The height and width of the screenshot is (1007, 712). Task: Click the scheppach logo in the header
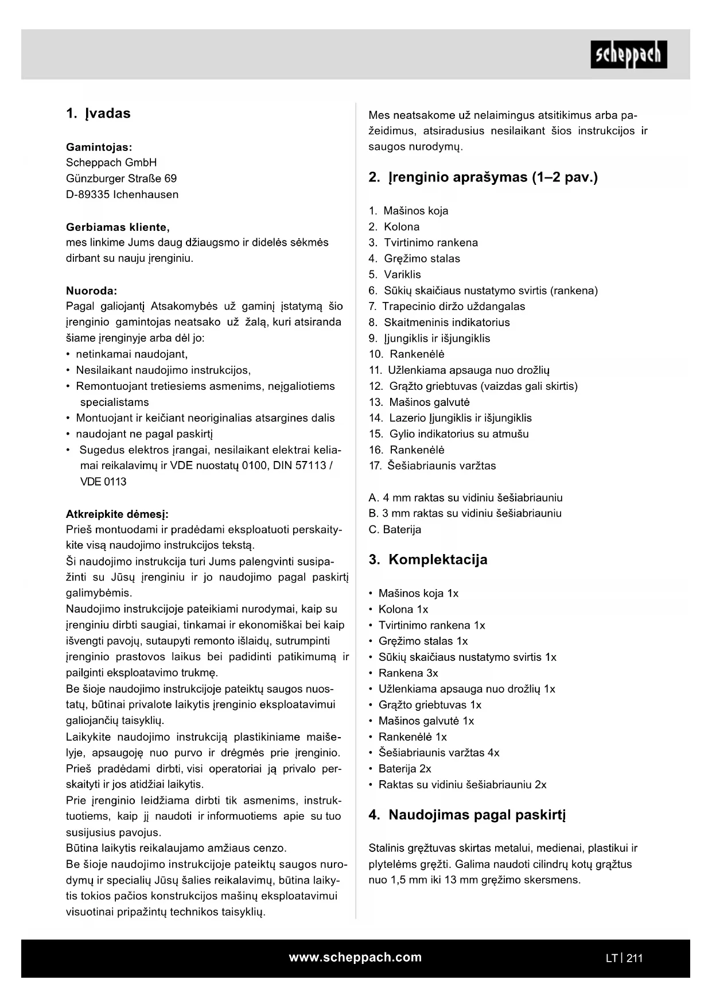click(628, 55)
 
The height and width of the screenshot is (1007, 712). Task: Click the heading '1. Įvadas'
click(98, 113)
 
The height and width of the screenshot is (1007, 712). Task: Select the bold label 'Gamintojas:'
click(99, 147)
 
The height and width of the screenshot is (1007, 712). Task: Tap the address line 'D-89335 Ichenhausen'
click(122, 194)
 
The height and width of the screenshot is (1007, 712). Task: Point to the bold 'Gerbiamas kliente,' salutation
click(118, 227)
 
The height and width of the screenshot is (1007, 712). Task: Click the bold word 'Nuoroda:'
click(91, 291)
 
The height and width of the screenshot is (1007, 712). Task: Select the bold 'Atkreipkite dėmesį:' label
click(117, 514)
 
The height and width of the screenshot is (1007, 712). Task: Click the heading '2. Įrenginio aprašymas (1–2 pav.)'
click(483, 177)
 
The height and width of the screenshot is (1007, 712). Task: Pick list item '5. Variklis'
click(395, 274)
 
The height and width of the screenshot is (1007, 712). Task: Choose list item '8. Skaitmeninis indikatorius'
click(439, 322)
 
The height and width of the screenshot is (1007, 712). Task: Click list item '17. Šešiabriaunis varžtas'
click(432, 466)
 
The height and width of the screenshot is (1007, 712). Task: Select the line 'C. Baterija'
click(395, 529)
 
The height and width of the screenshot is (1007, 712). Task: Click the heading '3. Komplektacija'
click(428, 560)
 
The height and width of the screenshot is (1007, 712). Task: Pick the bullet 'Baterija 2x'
click(404, 768)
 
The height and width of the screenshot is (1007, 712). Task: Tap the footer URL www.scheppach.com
click(355, 957)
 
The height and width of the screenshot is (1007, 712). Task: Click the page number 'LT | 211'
click(624, 958)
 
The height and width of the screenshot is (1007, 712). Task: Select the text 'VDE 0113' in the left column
click(103, 482)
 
